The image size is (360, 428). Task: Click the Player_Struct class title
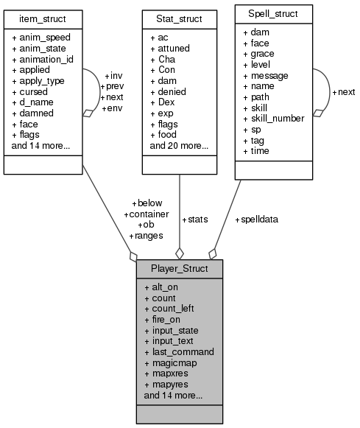click(179, 268)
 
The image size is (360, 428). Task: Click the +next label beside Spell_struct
click(343, 92)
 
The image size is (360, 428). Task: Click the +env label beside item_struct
click(113, 108)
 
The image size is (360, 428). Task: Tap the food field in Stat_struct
click(163, 135)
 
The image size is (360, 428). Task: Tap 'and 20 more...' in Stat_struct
click(179, 146)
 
